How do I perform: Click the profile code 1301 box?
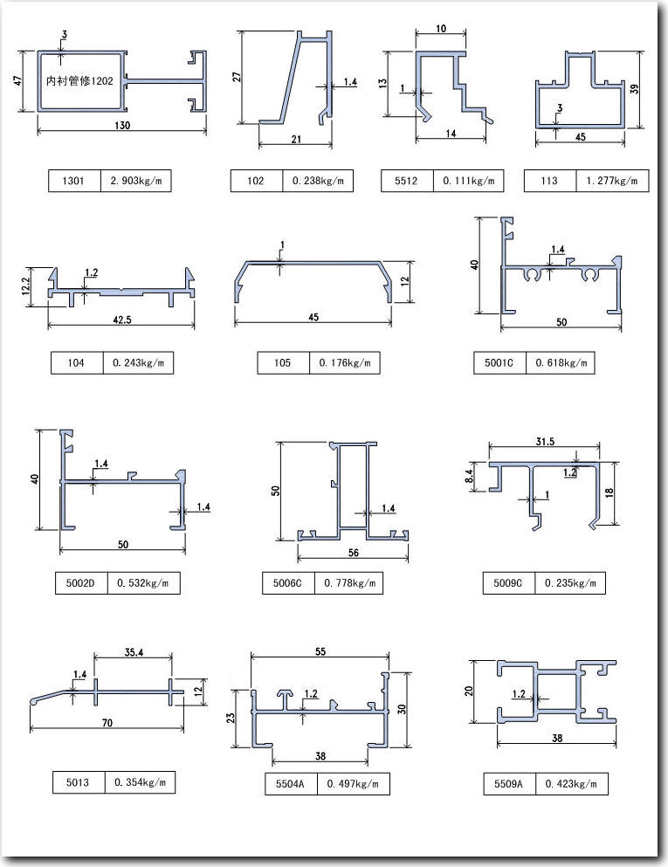[74, 182]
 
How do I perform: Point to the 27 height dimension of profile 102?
[237, 77]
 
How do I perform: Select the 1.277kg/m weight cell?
[616, 182]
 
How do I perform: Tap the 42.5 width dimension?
[122, 320]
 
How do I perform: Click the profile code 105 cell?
[282, 362]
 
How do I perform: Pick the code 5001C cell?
[499, 362]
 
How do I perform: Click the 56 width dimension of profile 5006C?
[353, 552]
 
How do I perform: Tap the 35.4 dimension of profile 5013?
[134, 651]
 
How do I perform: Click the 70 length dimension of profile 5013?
[107, 724]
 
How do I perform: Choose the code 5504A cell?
[291, 784]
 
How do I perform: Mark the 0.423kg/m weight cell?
[572, 784]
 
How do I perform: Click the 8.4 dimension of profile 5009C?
[470, 476]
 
